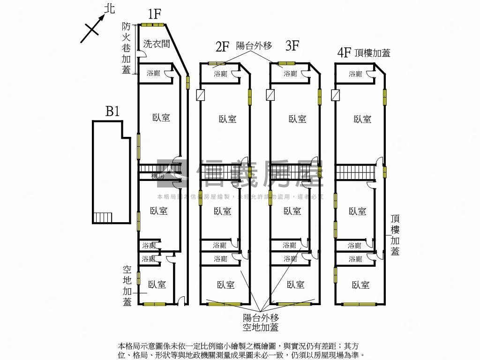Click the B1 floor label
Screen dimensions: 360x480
pos(112,112)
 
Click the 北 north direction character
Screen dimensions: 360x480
pos(110,8)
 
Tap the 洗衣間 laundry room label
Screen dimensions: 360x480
pos(157,44)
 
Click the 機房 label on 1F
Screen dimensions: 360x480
pos(157,176)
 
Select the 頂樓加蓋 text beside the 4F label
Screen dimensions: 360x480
pos(373,53)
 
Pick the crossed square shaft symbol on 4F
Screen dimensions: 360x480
pos(335,95)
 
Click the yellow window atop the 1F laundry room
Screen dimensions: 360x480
pos(151,25)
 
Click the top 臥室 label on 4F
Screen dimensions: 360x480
pos(362,120)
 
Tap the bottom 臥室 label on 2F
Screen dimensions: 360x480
pos(226,285)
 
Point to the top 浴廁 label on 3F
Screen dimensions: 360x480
pos(290,74)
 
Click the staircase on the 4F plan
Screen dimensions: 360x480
pos(356,172)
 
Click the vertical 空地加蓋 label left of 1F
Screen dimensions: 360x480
pos(127,286)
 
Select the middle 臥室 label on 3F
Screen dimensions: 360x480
pos(292,211)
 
